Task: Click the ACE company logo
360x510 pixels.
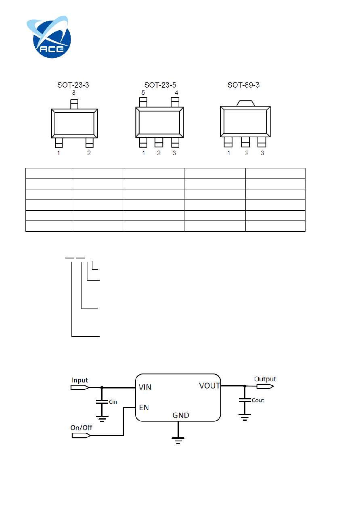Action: click(x=49, y=37)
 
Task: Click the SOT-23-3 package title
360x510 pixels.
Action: click(x=73, y=85)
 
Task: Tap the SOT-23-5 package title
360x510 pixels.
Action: click(x=160, y=85)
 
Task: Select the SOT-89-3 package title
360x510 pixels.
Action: click(x=243, y=85)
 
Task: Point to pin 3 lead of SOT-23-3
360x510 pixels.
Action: click(x=74, y=104)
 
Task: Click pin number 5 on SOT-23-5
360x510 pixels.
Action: click(x=143, y=92)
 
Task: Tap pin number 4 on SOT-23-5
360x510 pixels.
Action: click(x=176, y=92)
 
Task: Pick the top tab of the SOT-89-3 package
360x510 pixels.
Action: click(x=245, y=103)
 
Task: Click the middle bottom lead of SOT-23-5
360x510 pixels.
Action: click(x=159, y=142)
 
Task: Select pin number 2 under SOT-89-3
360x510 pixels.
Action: click(x=247, y=153)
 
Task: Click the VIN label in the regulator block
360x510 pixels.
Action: click(x=145, y=387)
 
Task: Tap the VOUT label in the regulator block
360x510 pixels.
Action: click(x=209, y=386)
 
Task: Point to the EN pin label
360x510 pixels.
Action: click(x=144, y=407)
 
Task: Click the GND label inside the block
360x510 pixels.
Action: click(x=181, y=415)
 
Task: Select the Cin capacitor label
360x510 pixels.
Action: click(x=113, y=402)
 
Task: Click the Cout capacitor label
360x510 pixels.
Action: click(x=258, y=400)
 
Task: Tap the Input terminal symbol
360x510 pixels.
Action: click(x=80, y=388)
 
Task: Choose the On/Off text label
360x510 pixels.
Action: click(x=81, y=428)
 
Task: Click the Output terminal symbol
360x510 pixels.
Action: click(x=265, y=386)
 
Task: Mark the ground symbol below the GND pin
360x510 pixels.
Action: click(x=178, y=441)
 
